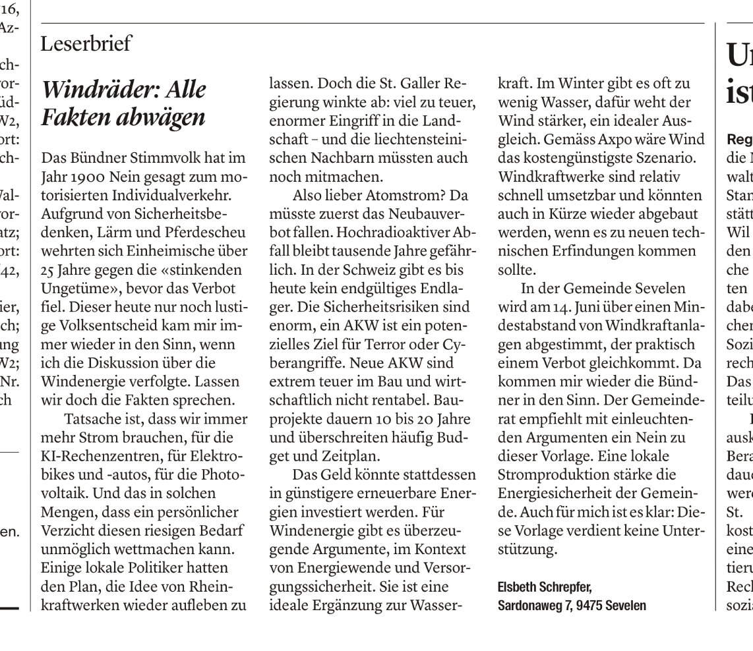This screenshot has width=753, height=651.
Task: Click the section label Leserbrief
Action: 86,44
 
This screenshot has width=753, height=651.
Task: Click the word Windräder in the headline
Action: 102,89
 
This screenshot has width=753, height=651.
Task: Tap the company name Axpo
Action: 619,143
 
